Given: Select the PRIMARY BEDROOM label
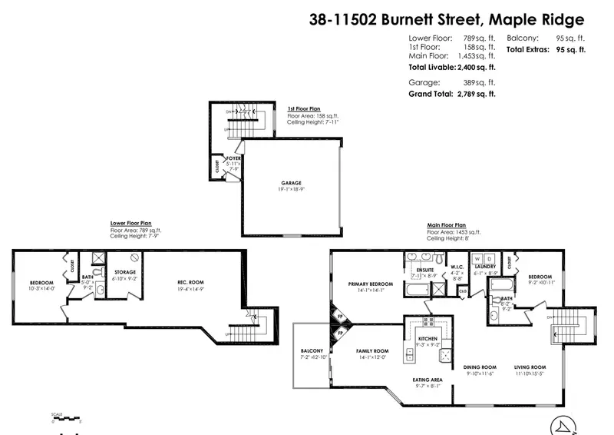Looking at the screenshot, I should click(x=365, y=283).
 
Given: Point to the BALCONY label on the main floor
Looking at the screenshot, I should click(x=312, y=350).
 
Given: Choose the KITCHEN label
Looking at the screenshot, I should click(x=427, y=338).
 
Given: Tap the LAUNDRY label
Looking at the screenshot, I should click(x=486, y=266).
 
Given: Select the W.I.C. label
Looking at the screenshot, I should click(x=456, y=266).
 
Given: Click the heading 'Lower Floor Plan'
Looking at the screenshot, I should click(x=136, y=224).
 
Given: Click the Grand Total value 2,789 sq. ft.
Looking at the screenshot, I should click(x=477, y=94).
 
